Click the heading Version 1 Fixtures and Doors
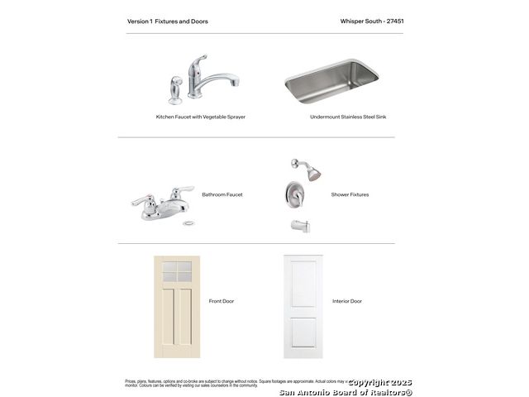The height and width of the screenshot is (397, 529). tap(164, 21)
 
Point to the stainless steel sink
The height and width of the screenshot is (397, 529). tap(331, 80)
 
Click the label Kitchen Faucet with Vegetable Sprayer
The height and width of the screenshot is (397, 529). tap(201, 117)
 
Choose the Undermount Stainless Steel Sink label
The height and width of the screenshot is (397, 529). tap(348, 117)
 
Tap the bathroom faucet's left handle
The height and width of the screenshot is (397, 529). tap(141, 200)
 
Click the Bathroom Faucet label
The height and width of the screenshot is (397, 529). tap(222, 194)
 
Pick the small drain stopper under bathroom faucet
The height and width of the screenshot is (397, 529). tap(189, 223)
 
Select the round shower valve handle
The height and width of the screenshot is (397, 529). tap(294, 195)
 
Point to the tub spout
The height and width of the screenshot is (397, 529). tap(298, 224)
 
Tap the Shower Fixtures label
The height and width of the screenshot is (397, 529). tap(350, 194)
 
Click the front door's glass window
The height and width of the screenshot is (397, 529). tap(177, 270)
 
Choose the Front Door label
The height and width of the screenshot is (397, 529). tap(222, 301)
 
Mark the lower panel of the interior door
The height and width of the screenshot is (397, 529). tap(303, 332)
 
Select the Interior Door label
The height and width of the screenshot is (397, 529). tap(347, 301)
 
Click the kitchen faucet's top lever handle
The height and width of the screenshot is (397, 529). tap(198, 61)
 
